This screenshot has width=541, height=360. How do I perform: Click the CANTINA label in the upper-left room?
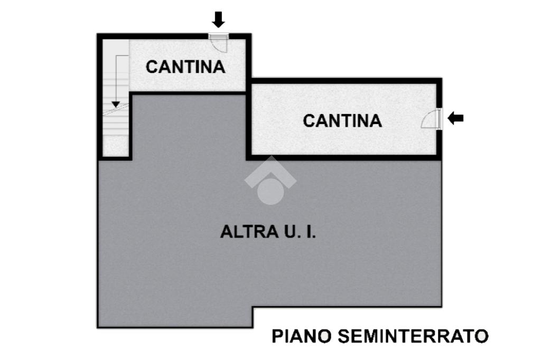185,67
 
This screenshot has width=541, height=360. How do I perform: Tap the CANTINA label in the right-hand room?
342,121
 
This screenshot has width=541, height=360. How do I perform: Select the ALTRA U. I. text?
268,232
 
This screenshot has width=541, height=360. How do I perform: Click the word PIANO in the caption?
301,336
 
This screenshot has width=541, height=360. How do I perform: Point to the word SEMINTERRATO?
413,336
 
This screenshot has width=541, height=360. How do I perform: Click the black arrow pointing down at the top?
218,20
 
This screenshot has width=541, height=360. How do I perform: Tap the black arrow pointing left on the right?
455,118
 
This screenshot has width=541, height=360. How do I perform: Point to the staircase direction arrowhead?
116,103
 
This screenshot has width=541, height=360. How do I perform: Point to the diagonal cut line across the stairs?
116,110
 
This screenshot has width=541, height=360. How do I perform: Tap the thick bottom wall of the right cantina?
343,157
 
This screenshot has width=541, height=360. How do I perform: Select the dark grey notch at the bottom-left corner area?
174,317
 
